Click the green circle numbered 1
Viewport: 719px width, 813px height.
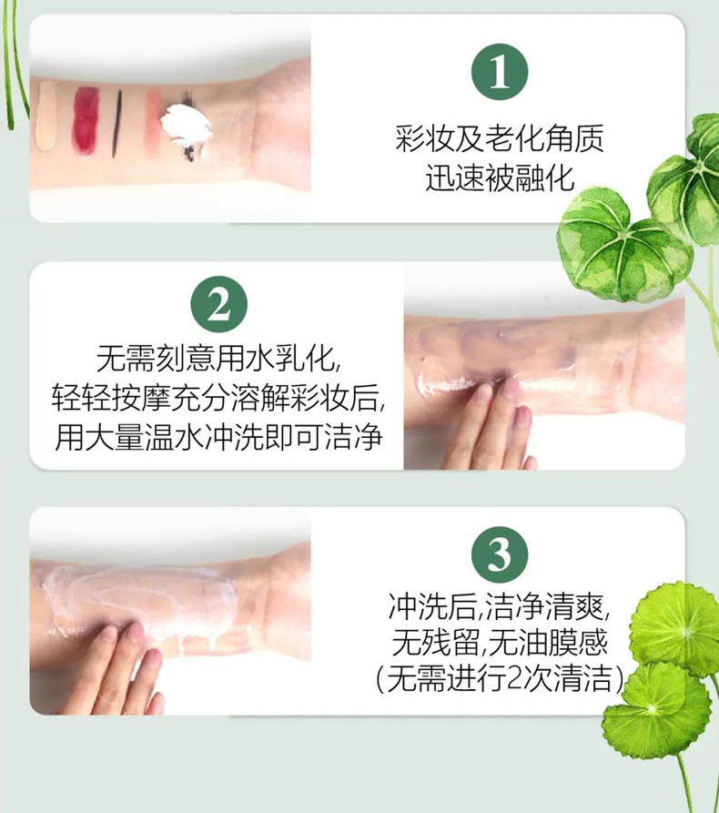(x=500, y=72)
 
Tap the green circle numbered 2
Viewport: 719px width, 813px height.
(x=218, y=304)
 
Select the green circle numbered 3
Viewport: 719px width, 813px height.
(x=500, y=554)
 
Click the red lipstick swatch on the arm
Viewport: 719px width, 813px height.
(x=86, y=117)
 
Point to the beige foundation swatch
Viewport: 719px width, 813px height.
(x=46, y=116)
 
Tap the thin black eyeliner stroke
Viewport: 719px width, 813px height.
(x=117, y=124)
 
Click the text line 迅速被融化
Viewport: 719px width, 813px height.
(x=500, y=178)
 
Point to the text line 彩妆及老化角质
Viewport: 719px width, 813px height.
(x=500, y=138)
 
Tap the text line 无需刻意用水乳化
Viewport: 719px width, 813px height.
(x=218, y=358)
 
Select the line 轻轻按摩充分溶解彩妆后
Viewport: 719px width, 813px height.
(x=218, y=397)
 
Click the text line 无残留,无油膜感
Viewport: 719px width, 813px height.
(x=500, y=643)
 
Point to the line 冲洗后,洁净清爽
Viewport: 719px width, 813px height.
(x=500, y=606)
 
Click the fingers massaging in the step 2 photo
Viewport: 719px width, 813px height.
(x=490, y=427)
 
